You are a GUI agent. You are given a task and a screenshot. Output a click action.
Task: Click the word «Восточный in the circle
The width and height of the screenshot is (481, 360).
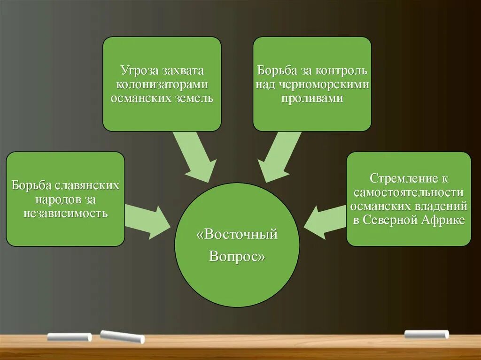coord(237,234)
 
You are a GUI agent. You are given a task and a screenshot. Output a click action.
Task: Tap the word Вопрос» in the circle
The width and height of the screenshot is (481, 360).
coord(237,257)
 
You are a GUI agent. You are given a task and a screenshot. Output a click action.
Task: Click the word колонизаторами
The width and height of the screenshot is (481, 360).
coord(162,85)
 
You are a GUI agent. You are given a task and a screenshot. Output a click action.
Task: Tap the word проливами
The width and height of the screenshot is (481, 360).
coord(312,99)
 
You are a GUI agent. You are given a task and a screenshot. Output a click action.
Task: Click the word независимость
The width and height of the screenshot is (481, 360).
coord(65,214)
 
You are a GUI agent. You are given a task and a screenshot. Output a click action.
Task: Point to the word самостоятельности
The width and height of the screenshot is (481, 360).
coord(409,192)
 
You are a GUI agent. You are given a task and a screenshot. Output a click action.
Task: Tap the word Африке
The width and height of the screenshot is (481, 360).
coord(444,220)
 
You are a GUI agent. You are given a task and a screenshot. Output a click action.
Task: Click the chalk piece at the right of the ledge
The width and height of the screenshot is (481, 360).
coord(427,334)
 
